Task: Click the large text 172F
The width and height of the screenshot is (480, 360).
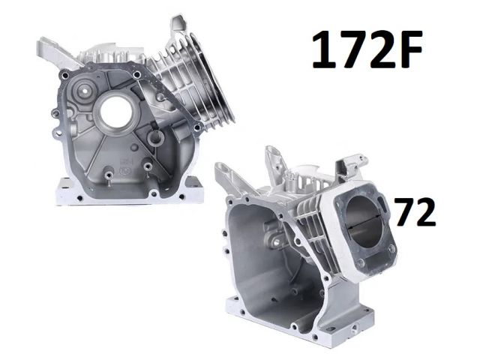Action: pyautogui.click(x=367, y=49)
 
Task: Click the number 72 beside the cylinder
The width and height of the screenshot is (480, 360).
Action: pyautogui.click(x=415, y=212)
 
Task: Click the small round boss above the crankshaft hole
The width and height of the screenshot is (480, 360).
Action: pyautogui.click(x=83, y=90)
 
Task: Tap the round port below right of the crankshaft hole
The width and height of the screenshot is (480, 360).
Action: pyautogui.click(x=156, y=139)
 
